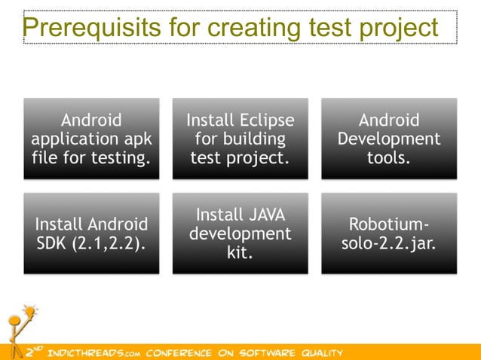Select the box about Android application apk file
coord(91,139)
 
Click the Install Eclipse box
coord(240,139)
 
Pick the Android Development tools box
coord(388,139)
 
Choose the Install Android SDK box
coord(91,233)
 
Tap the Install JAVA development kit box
coord(240,233)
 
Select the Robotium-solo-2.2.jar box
coord(388,233)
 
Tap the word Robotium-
coord(388,224)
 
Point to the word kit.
coord(240,253)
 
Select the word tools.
coord(388,158)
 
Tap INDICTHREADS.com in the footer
coord(93,352)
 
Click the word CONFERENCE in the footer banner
coord(175,352)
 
